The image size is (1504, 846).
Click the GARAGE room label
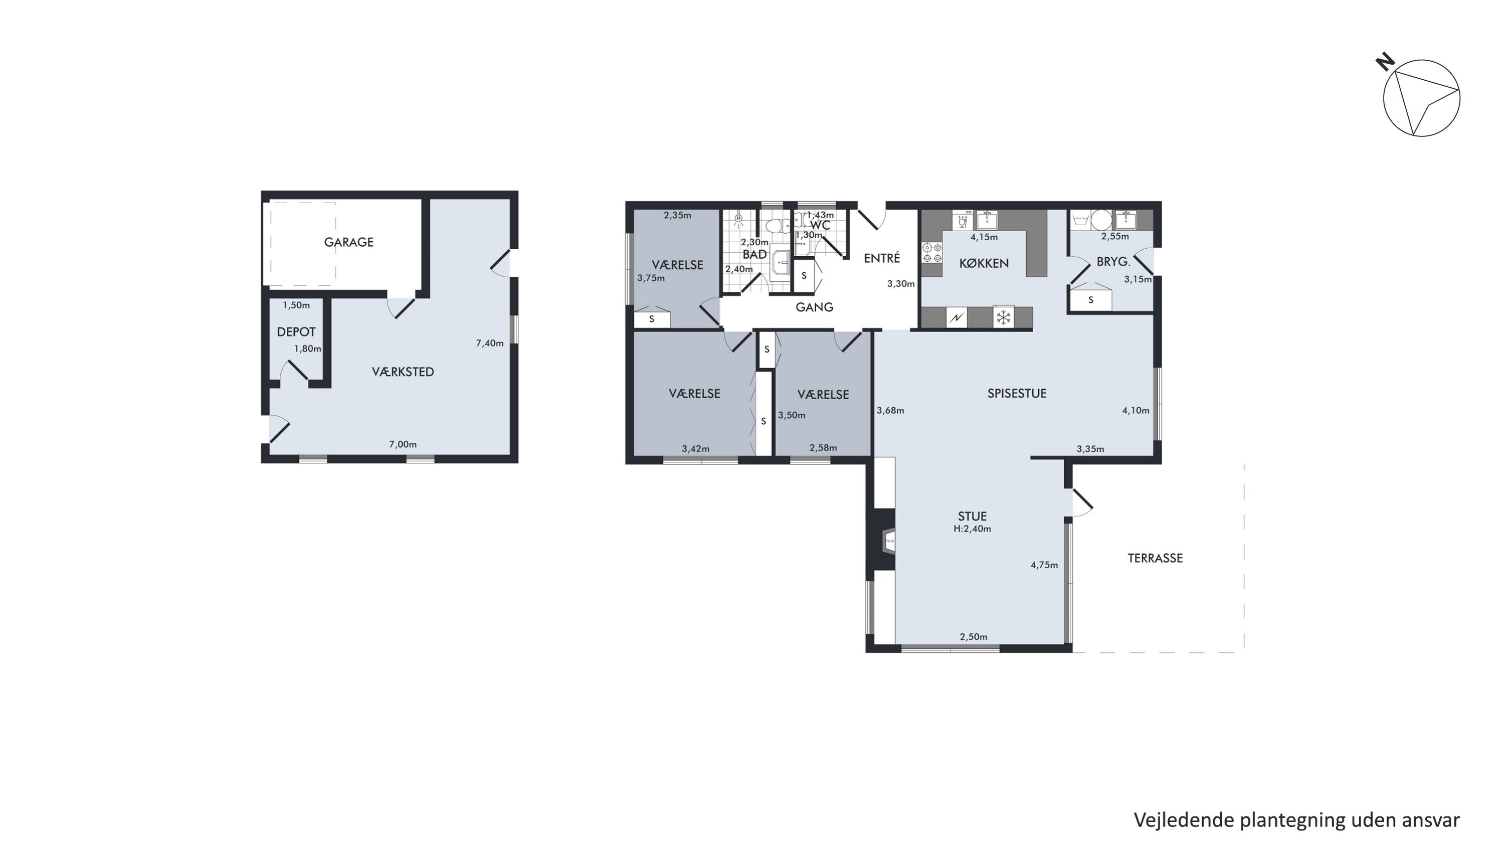tap(348, 242)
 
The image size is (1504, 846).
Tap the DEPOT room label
tap(296, 332)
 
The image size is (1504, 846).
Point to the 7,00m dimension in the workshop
tap(403, 445)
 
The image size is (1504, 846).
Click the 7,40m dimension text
tap(490, 344)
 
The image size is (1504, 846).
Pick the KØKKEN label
tap(984, 263)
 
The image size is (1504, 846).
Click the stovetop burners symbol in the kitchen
tap(932, 252)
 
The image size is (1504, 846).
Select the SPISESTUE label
tap(1017, 394)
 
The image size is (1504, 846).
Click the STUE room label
tap(972, 516)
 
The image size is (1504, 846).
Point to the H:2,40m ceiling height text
tap(972, 529)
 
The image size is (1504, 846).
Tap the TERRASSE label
tap(1155, 558)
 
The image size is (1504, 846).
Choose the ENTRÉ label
tap(882, 258)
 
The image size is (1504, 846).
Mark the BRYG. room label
tap(1113, 262)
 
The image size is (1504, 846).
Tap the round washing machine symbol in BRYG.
tap(1102, 220)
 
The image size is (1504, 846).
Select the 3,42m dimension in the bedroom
tap(695, 449)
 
